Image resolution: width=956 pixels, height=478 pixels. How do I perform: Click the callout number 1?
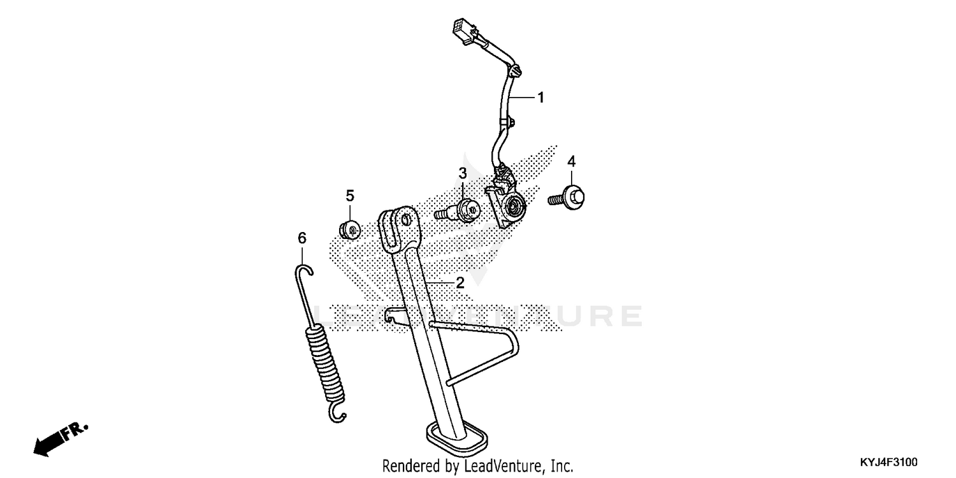[x=540, y=98]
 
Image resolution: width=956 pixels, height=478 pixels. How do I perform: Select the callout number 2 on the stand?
[x=460, y=283]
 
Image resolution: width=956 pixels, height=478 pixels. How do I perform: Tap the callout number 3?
[x=463, y=173]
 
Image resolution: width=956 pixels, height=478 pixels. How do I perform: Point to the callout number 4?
[x=572, y=161]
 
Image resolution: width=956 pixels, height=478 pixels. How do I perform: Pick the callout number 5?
[x=350, y=196]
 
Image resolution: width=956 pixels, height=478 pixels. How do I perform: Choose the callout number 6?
[x=302, y=238]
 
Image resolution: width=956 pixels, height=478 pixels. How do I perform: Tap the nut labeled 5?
[x=349, y=228]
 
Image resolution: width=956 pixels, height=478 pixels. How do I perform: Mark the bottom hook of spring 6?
[x=338, y=415]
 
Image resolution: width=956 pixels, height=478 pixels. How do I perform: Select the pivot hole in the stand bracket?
[x=404, y=220]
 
